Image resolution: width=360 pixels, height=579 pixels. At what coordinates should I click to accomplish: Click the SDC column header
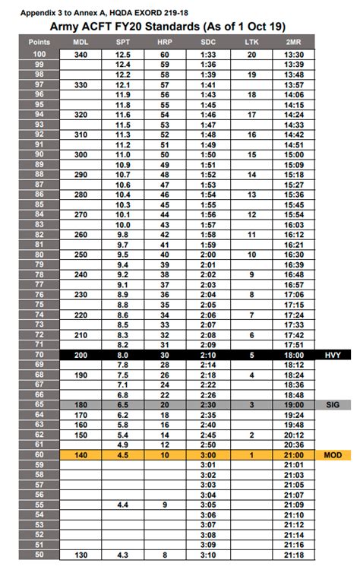point(209,43)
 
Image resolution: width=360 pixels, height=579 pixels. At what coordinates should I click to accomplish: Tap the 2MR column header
point(292,43)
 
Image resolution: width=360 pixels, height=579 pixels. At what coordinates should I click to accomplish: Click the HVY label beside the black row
point(333,355)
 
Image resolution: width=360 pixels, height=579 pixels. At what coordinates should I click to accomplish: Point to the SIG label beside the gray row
point(333,406)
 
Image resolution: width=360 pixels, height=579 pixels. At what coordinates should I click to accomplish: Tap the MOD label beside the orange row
point(333,454)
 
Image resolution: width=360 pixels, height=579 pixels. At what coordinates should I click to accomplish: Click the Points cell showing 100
point(39,55)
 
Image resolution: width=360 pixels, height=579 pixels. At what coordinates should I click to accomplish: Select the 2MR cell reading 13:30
point(292,55)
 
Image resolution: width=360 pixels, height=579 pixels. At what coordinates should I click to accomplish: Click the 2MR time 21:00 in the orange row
point(292,454)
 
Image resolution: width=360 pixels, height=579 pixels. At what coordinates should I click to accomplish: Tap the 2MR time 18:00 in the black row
point(292,355)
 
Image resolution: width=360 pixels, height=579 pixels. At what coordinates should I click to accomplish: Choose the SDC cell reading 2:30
point(209,406)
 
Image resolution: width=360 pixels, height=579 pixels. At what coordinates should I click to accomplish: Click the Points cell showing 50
point(39,555)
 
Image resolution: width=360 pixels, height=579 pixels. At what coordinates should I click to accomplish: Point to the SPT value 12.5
point(122,55)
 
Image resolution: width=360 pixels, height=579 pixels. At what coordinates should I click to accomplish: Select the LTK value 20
point(251,55)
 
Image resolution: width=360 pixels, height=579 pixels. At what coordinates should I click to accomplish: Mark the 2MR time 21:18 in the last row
point(292,555)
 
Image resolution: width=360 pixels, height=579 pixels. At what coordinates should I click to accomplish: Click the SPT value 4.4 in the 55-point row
point(122,505)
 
